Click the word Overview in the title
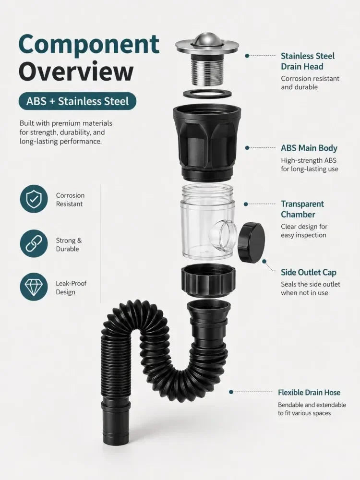click(76, 72)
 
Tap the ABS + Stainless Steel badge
click(77, 101)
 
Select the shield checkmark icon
click(34, 199)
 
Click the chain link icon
click(34, 244)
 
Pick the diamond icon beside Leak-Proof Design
click(34, 287)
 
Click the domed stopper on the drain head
click(206, 39)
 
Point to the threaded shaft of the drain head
click(206, 71)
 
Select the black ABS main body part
click(206, 143)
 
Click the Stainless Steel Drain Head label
click(308, 61)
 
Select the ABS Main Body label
click(309, 148)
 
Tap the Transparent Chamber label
click(302, 209)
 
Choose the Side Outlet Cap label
click(309, 273)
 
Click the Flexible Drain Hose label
click(309, 393)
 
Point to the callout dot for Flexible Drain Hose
click(231, 392)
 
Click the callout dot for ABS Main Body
click(247, 148)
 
